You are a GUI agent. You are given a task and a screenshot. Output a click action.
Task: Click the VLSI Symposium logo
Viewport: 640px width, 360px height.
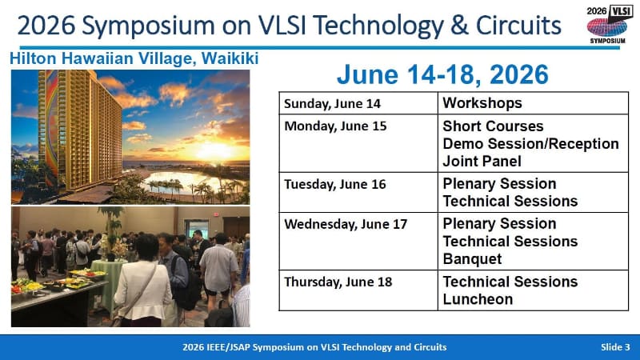pos(607,25)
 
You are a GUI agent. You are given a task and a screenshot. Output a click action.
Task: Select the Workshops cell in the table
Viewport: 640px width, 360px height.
pos(482,104)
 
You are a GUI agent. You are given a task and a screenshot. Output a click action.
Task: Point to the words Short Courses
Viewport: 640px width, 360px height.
pos(493,126)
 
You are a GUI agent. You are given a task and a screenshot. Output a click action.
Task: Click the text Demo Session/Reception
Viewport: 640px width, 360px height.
pos(530,143)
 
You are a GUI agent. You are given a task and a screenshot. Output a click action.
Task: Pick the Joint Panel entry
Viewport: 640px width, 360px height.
pos(482,161)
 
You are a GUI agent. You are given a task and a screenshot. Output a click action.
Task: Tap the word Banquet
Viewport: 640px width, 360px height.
pos(472,259)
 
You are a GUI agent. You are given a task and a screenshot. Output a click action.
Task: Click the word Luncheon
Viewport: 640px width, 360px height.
pos(478,299)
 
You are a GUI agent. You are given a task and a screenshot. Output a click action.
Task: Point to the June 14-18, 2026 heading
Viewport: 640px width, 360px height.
pos(442,74)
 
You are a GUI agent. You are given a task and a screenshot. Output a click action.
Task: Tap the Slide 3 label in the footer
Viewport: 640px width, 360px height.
pos(616,347)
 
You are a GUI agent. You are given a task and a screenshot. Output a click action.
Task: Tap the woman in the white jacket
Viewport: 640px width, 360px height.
pos(142,284)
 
